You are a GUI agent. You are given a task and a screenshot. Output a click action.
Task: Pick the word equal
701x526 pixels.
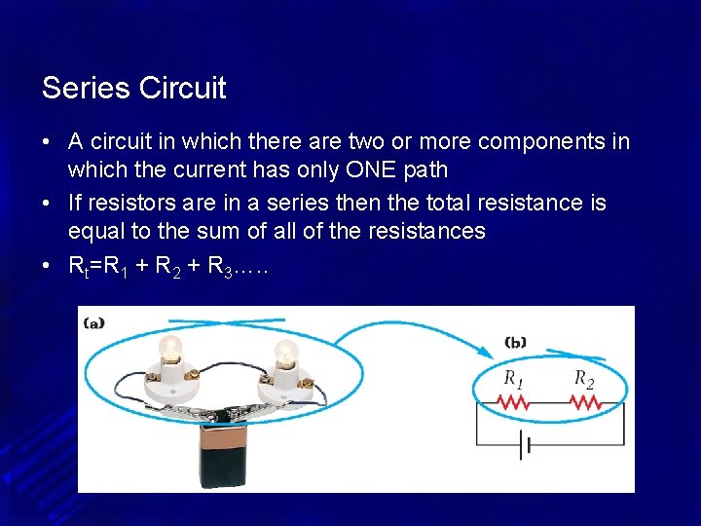(96, 231)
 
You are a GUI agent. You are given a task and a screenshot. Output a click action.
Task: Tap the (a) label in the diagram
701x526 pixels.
(94, 321)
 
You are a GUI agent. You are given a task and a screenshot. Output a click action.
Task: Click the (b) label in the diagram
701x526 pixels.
(516, 342)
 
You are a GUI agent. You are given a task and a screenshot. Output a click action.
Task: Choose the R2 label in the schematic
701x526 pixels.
(583, 379)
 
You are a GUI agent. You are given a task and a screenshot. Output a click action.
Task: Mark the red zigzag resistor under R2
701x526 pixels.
(584, 401)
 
